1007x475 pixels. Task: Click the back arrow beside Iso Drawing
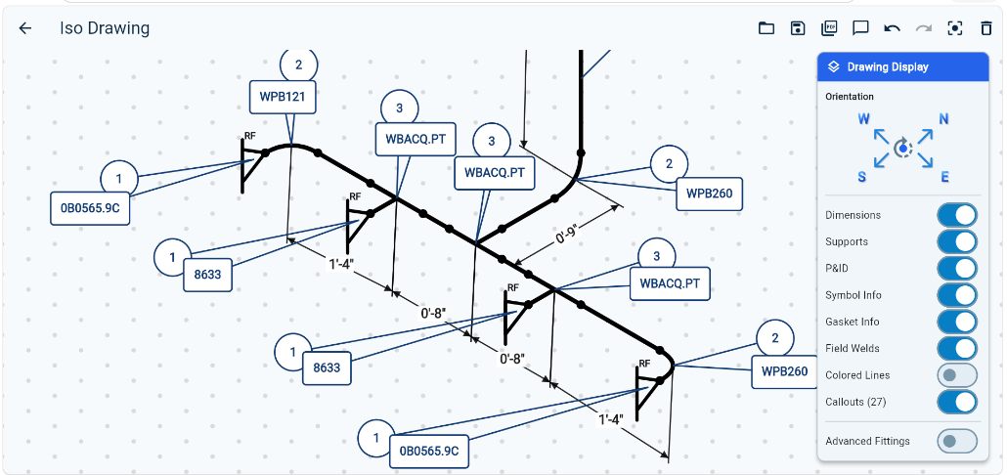pyautogui.click(x=25, y=28)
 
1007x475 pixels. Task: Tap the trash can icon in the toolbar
pyautogui.click(x=986, y=28)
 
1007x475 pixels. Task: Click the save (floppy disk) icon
pyautogui.click(x=798, y=28)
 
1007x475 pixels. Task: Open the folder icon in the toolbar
pyautogui.click(x=766, y=28)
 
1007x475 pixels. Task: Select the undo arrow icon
pyautogui.click(x=892, y=28)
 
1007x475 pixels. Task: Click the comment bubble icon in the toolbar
pyautogui.click(x=860, y=28)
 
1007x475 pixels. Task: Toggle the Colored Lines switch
pyautogui.click(x=957, y=375)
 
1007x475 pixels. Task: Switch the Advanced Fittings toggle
pyautogui.click(x=957, y=441)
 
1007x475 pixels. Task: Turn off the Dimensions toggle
pyautogui.click(x=957, y=215)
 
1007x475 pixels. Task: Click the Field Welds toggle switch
pyautogui.click(x=957, y=349)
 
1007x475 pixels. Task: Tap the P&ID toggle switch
pyautogui.click(x=957, y=269)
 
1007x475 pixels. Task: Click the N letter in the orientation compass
pyautogui.click(x=944, y=119)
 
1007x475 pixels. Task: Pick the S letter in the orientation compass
pyautogui.click(x=862, y=177)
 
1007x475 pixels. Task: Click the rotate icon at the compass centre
pyautogui.click(x=903, y=149)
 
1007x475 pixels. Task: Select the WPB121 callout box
pyautogui.click(x=282, y=97)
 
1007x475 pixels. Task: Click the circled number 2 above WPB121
pyautogui.click(x=298, y=65)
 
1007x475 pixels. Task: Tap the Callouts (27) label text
pyautogui.click(x=855, y=403)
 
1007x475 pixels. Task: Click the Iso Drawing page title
pyautogui.click(x=105, y=28)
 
